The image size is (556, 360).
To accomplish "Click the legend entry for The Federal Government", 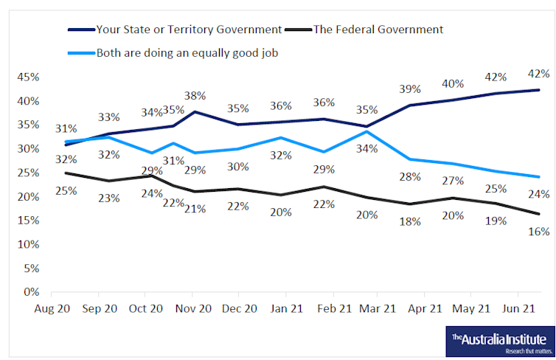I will tap(378, 30).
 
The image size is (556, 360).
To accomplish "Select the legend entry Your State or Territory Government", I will tap(189, 30).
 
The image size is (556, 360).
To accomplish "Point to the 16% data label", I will tap(540, 231).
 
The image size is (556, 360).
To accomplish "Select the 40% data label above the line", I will tap(454, 83).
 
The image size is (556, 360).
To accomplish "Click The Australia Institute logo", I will tap(498, 341).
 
